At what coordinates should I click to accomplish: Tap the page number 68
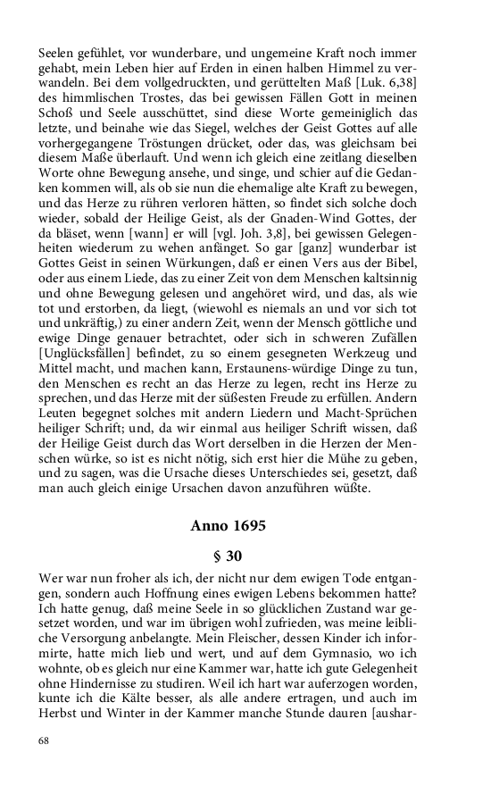pos(44,740)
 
